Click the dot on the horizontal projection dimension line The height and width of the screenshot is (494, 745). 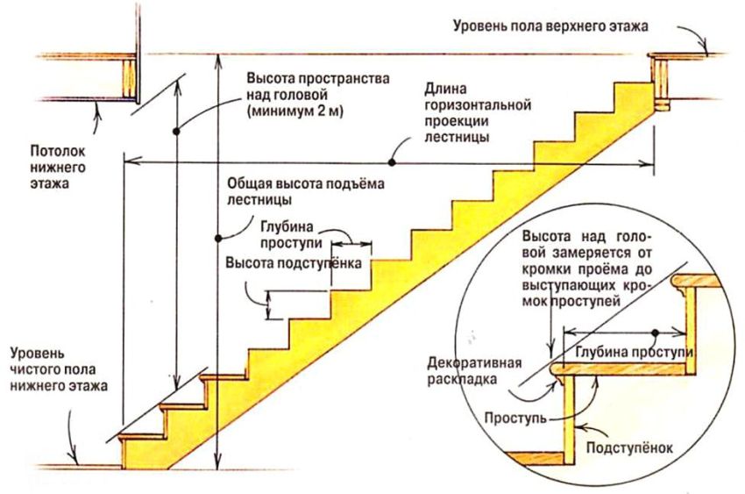tap(393, 161)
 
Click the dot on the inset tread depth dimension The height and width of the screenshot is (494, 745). tap(656, 333)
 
